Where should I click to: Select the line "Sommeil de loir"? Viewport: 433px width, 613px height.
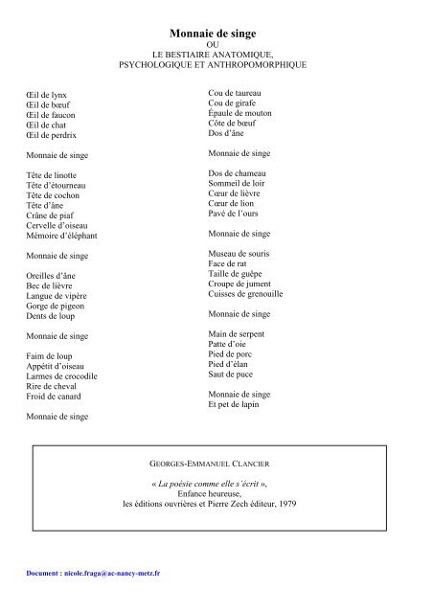(x=238, y=183)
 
